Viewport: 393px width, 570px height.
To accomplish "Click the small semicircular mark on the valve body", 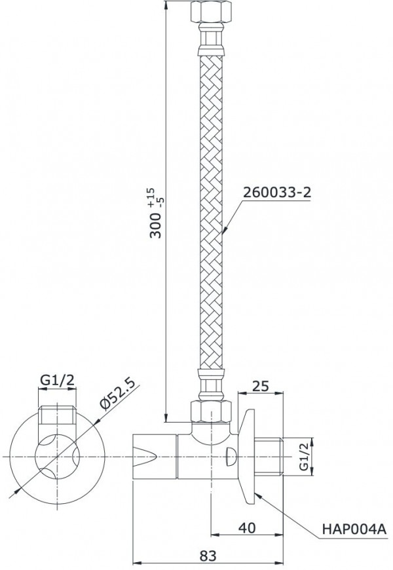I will [231, 455].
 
